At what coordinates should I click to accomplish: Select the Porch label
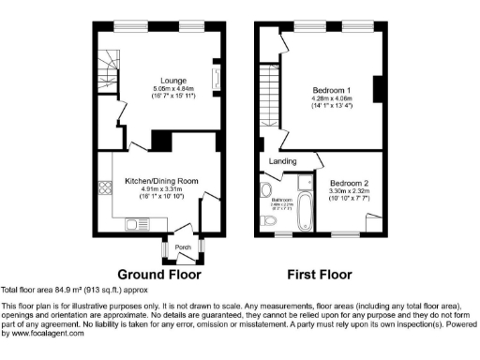point(183,247)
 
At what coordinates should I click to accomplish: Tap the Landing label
point(283,161)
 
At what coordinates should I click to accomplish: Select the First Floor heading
point(321,276)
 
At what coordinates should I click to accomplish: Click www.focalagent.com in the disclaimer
point(43,333)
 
